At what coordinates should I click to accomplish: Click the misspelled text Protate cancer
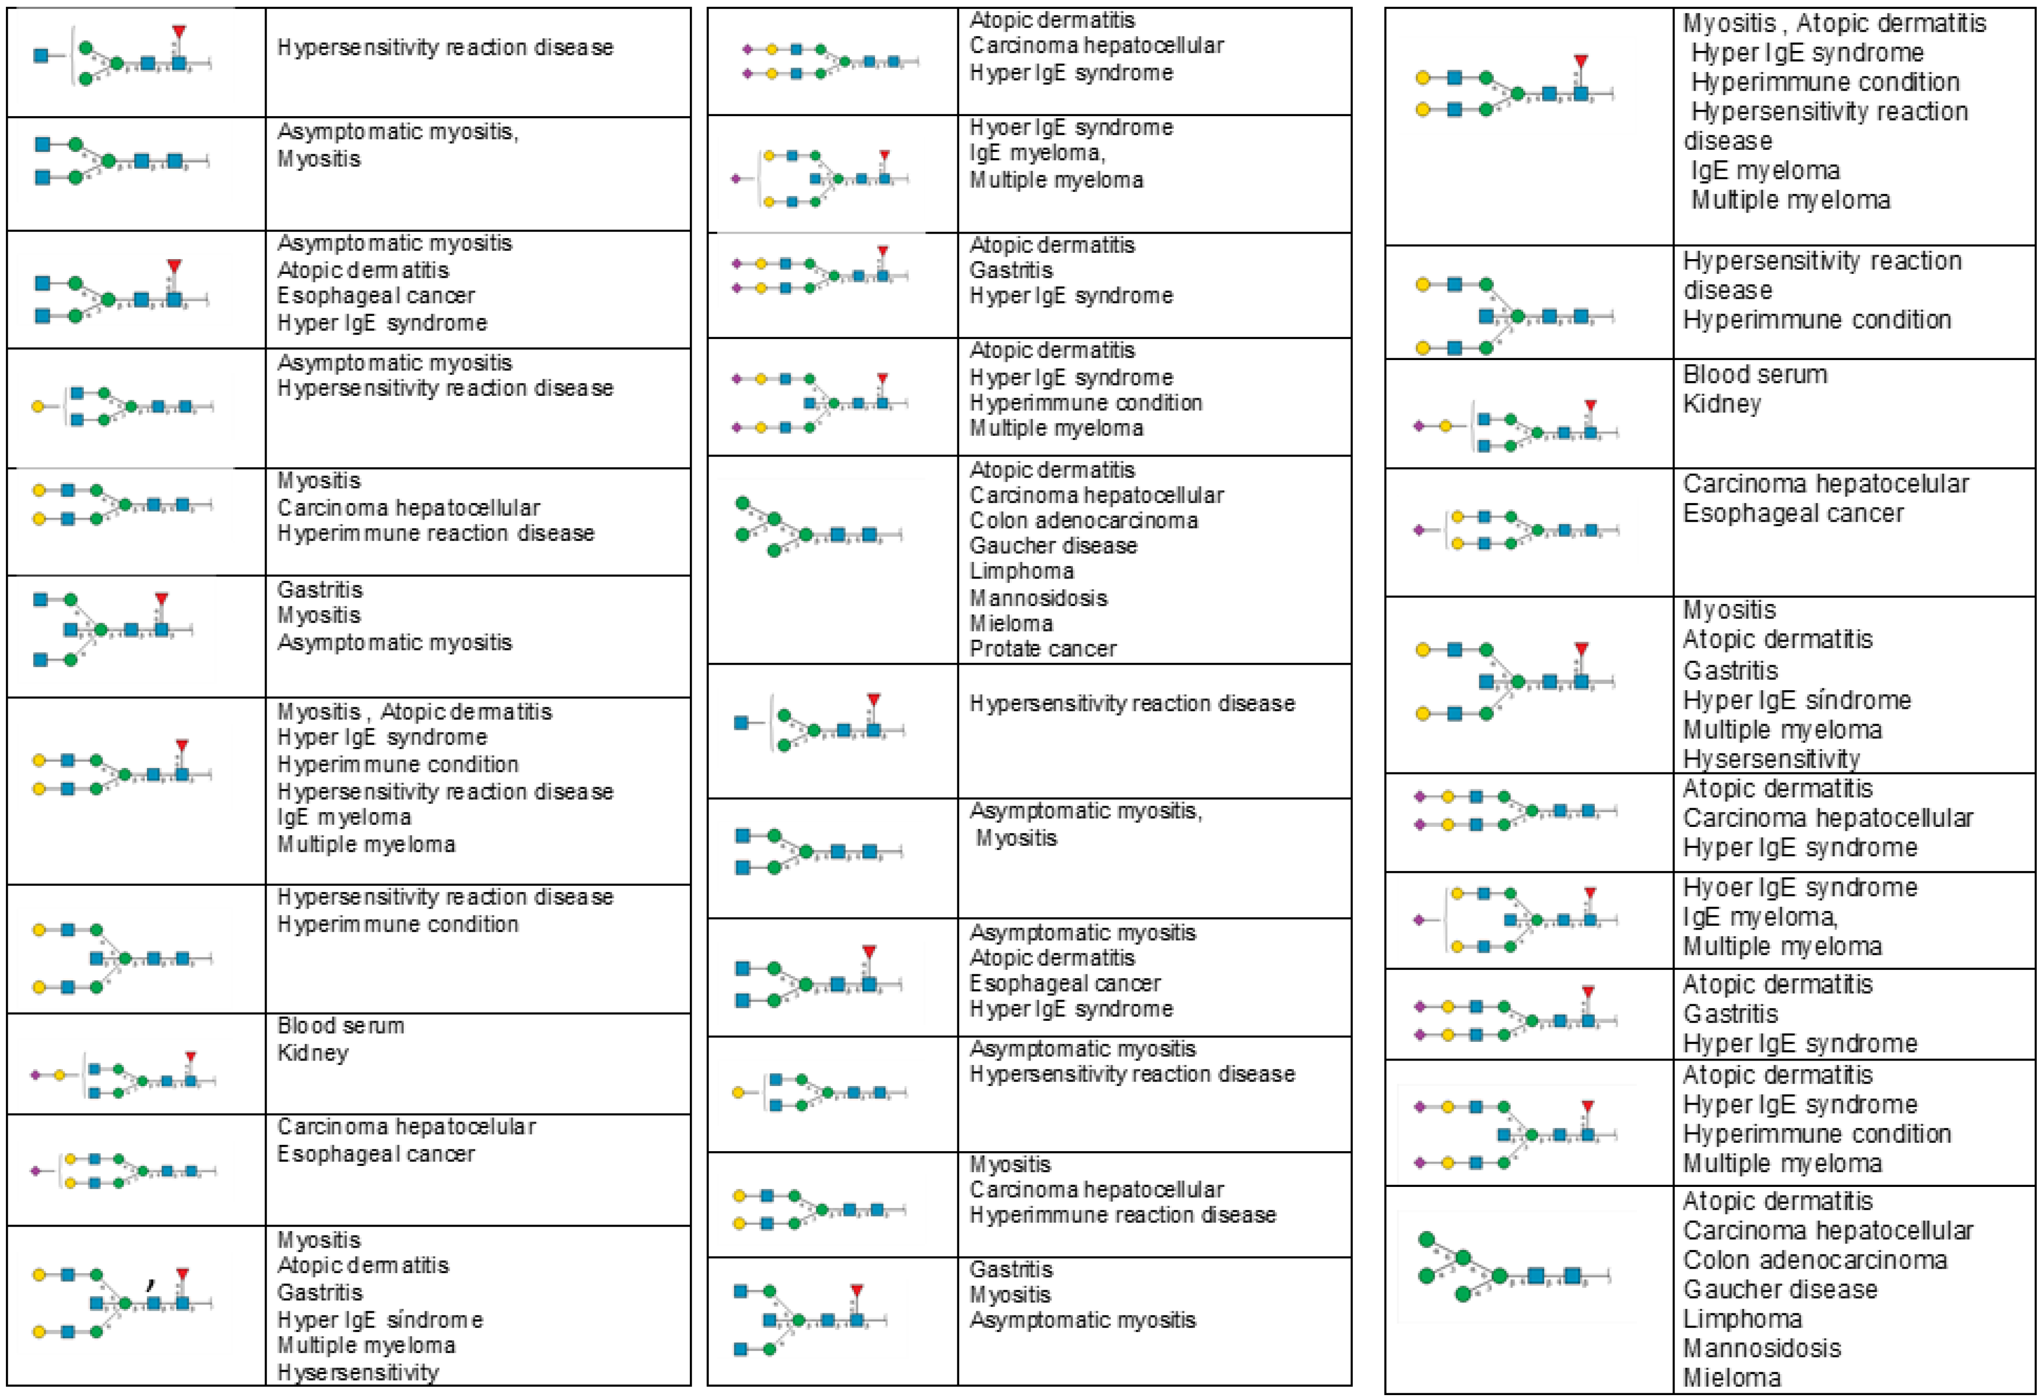click(x=1042, y=649)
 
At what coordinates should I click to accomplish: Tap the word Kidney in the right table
click(x=1721, y=404)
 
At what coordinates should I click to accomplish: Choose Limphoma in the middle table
click(x=1021, y=572)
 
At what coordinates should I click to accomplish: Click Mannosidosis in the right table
click(x=1762, y=1348)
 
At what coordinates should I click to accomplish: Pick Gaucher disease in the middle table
click(x=1053, y=546)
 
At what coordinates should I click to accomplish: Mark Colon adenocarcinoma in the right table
click(x=1814, y=1260)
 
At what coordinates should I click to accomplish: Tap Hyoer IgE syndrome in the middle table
click(x=1071, y=127)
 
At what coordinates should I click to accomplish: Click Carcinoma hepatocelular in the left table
click(x=406, y=1127)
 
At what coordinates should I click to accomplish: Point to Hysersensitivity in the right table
click(x=1771, y=759)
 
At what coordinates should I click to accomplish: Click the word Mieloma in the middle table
click(x=1011, y=624)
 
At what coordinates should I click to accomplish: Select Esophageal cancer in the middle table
click(x=1064, y=983)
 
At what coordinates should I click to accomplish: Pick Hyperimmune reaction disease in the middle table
click(x=1122, y=1214)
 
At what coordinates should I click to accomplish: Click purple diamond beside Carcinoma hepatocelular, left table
click(x=35, y=1171)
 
